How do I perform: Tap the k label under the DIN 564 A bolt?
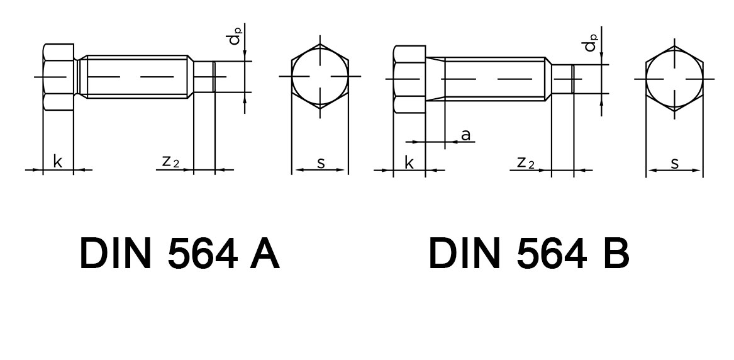(x=58, y=162)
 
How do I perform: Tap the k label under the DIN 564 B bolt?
(x=409, y=163)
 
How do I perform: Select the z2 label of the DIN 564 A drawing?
(x=170, y=162)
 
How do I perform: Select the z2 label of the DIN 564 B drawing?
(x=525, y=163)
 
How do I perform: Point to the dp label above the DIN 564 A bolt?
(x=235, y=38)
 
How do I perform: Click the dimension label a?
(x=465, y=135)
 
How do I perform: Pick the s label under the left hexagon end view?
(x=321, y=163)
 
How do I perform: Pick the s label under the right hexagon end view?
(x=674, y=164)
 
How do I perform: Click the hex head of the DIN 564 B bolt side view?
(x=409, y=79)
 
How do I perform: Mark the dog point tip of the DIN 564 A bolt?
(x=204, y=77)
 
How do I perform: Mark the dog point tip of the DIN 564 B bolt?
(x=562, y=79)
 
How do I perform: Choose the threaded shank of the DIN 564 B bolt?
(x=494, y=79)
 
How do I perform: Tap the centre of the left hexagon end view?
(x=320, y=76)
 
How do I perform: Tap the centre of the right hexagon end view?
(x=675, y=79)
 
